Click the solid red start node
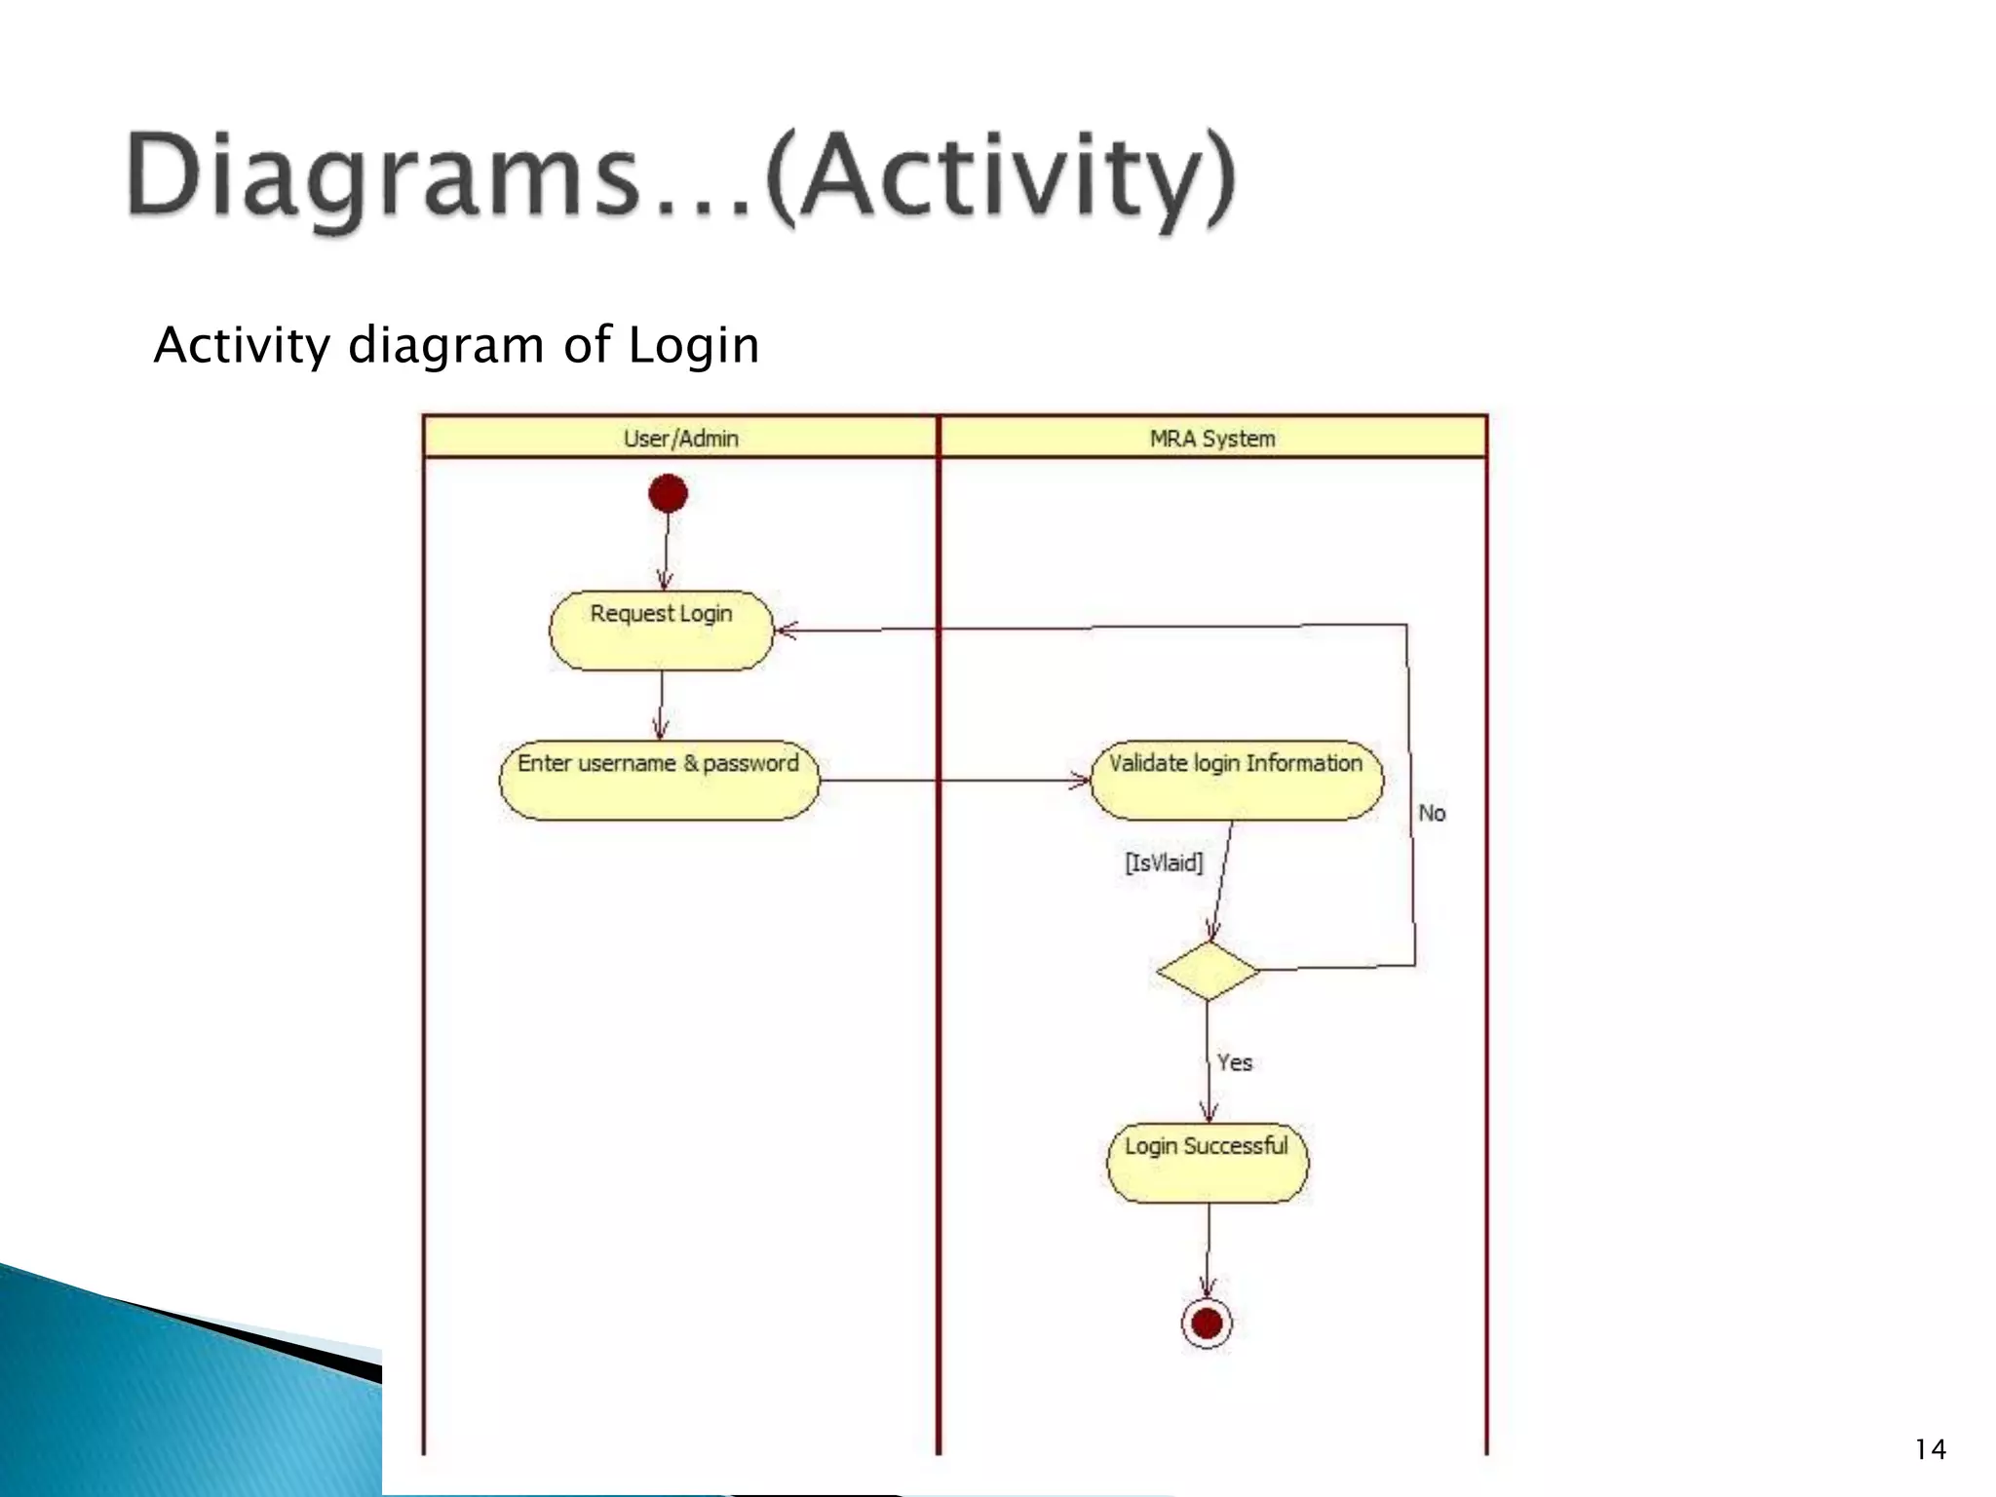(x=668, y=493)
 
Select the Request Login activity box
(x=661, y=630)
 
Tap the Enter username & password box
(x=659, y=780)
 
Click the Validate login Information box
(x=1235, y=780)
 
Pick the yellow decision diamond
(x=1208, y=971)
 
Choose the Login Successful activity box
(x=1208, y=1162)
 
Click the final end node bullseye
(x=1207, y=1323)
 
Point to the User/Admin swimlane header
(x=680, y=439)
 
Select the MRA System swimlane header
(x=1212, y=439)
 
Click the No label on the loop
(x=1431, y=813)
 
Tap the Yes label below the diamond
(x=1234, y=1062)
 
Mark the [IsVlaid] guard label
(x=1164, y=863)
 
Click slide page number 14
(x=1930, y=1450)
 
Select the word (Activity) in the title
(x=1000, y=179)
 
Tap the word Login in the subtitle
(x=693, y=346)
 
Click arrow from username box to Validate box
(x=955, y=780)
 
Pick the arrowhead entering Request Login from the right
(x=786, y=630)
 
